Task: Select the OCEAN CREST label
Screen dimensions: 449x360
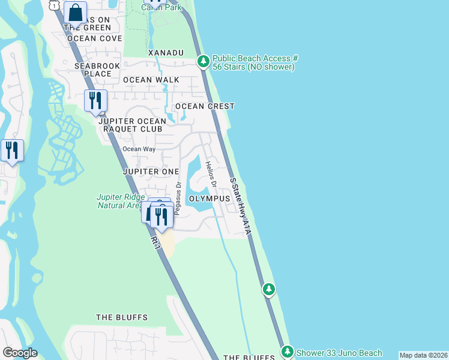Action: [205, 106]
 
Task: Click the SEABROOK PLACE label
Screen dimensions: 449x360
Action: [93, 70]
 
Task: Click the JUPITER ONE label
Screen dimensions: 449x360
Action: [151, 172]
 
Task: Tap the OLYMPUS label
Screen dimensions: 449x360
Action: [209, 198]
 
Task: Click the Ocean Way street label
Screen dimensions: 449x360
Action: [139, 149]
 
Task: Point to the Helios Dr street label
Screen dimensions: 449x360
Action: [210, 173]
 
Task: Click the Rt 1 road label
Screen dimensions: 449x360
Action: [155, 242]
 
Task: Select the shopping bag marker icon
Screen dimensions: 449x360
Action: [76, 12]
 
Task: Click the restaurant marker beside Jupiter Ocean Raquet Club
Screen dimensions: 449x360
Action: [95, 101]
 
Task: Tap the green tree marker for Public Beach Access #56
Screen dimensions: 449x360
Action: [203, 61]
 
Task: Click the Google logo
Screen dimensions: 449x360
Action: [20, 353]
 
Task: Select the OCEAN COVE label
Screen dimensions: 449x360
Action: [95, 38]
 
